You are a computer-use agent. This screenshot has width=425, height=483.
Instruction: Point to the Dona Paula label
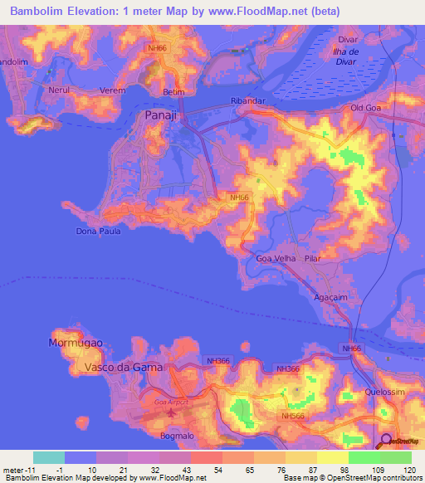tap(98, 231)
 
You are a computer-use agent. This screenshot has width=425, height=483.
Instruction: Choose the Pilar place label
tap(312, 259)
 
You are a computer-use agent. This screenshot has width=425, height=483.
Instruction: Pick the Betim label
tap(173, 92)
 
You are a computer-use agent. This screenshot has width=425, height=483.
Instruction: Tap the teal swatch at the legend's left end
tap(49, 457)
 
